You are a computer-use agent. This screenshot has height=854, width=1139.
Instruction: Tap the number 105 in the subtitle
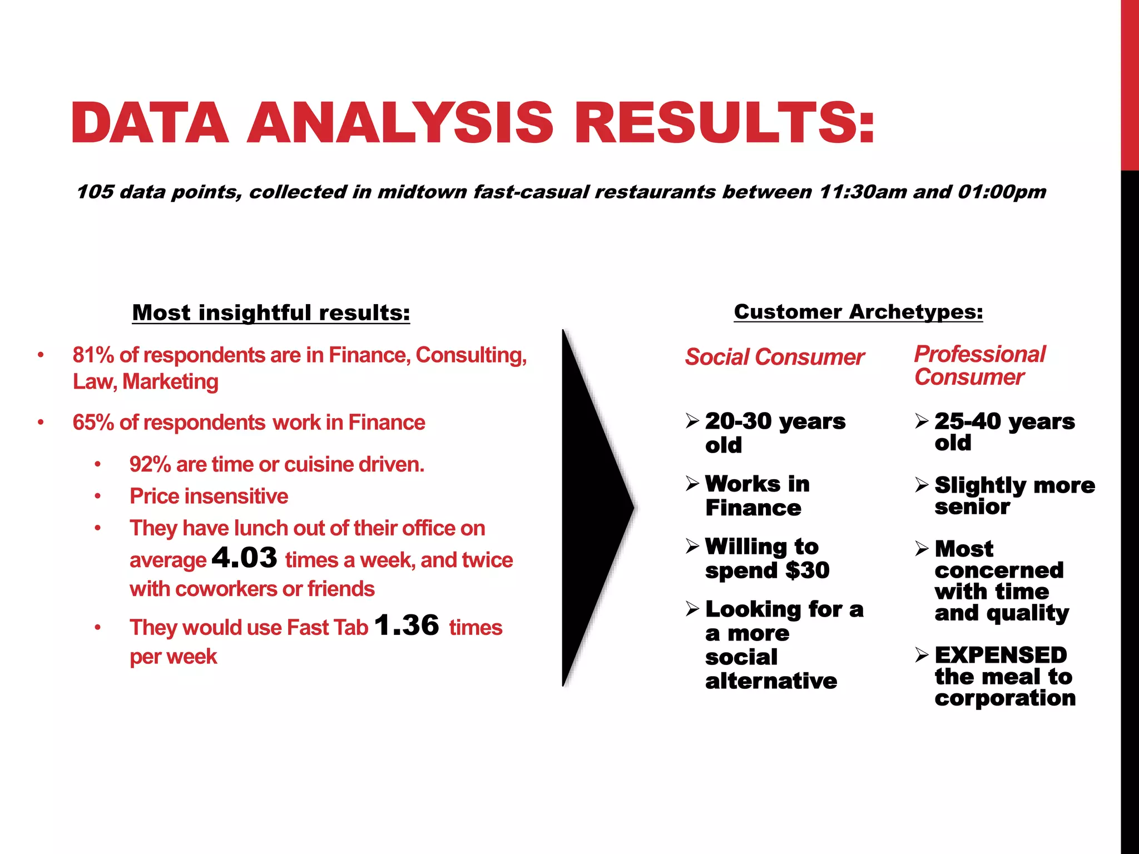pos(95,192)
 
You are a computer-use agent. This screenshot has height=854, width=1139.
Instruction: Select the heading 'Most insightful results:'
pos(271,312)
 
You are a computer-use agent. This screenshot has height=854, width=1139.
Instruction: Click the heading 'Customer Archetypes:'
pos(858,311)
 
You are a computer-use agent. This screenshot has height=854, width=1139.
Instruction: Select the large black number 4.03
pos(245,558)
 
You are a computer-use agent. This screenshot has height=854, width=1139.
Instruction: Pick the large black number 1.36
pos(407,625)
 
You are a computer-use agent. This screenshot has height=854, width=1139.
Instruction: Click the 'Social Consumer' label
pos(774,357)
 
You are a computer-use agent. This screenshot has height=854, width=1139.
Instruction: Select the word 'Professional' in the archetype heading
pos(980,354)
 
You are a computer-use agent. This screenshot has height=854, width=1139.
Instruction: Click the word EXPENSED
pos(1001,655)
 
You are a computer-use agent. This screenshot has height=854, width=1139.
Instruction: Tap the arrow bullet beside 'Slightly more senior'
pos(922,485)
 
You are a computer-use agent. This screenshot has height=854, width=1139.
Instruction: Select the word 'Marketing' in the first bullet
pos(170,382)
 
